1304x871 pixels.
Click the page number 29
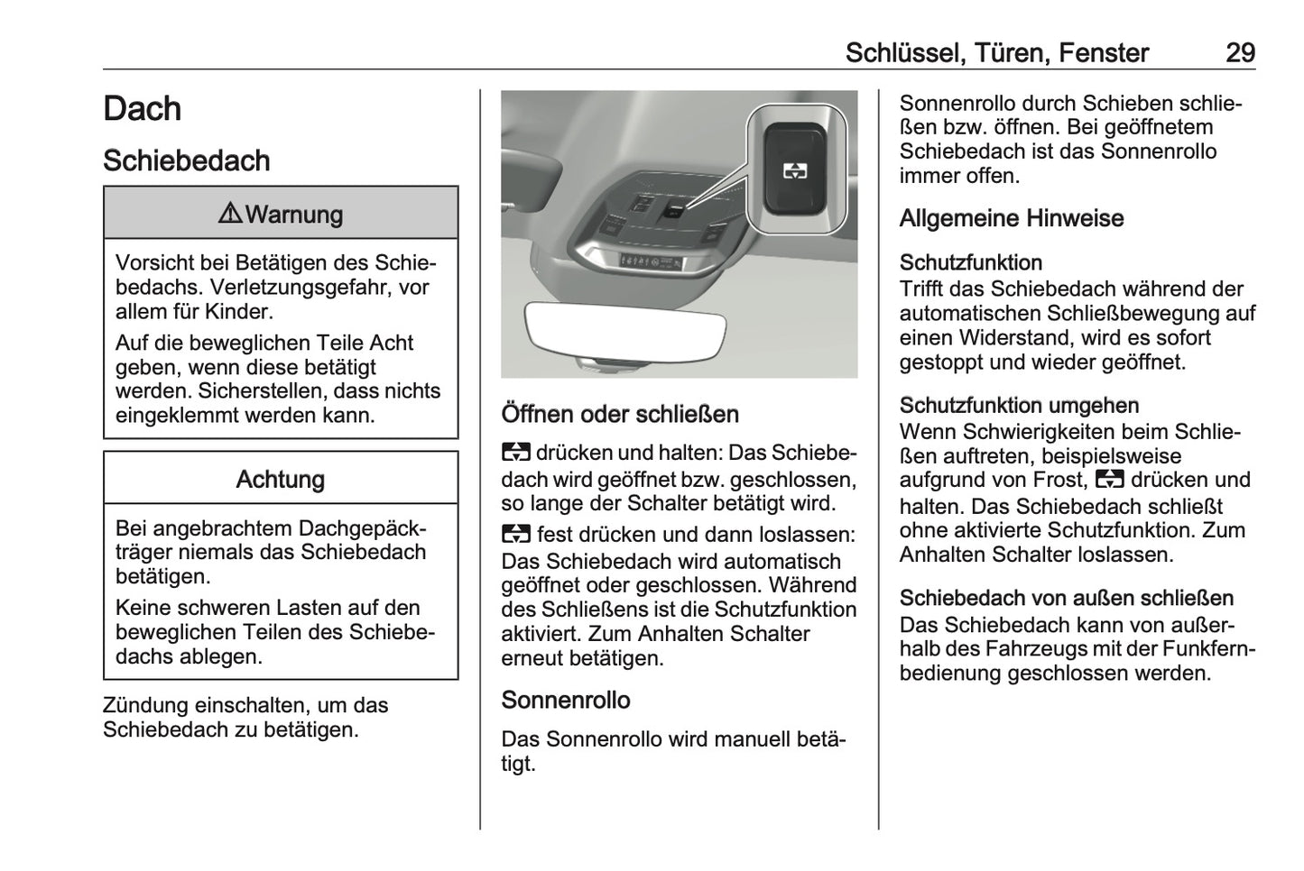1240,52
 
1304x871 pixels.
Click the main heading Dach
142,109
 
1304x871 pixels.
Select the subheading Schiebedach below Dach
187,160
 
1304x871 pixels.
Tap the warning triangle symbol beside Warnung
230,214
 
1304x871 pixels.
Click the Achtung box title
281,479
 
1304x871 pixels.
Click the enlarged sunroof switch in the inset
795,169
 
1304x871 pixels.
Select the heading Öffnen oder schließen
620,414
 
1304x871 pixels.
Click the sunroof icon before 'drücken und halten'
515,453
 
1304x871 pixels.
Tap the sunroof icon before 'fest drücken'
515,535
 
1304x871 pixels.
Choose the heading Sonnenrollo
566,700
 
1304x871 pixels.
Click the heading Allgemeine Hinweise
1012,218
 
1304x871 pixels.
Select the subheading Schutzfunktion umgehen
1019,405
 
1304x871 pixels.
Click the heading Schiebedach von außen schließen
1067,598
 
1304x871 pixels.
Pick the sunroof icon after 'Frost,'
1109,480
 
